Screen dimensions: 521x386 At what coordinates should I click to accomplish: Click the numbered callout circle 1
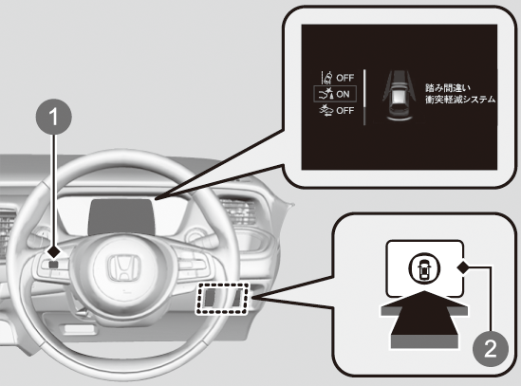coord(53,117)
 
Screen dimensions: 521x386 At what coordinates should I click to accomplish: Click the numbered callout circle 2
coord(491,348)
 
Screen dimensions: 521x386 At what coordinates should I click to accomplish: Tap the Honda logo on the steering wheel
coord(123,268)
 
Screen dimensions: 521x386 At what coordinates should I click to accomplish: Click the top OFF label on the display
coord(344,78)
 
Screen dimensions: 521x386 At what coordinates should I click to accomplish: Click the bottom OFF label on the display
coord(344,110)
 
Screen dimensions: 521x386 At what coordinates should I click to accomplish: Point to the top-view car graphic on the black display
coord(399,95)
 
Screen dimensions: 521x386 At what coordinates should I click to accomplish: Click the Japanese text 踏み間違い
coord(448,88)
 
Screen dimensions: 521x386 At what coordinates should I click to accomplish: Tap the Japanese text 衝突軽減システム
coord(460,100)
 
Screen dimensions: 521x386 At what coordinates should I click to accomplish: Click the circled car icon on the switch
coord(424,267)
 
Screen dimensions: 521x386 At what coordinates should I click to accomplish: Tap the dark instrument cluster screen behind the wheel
coord(121,217)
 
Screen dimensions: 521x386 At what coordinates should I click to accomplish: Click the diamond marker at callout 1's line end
coord(53,252)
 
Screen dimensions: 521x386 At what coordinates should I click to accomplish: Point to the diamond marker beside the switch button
coord(462,267)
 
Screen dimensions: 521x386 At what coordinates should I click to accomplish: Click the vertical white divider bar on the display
coord(364,98)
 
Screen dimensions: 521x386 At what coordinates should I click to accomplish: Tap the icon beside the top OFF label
coord(327,78)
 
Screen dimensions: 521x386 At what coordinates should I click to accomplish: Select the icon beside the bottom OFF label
coord(326,110)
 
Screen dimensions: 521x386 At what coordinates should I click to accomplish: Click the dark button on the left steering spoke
coord(53,264)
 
